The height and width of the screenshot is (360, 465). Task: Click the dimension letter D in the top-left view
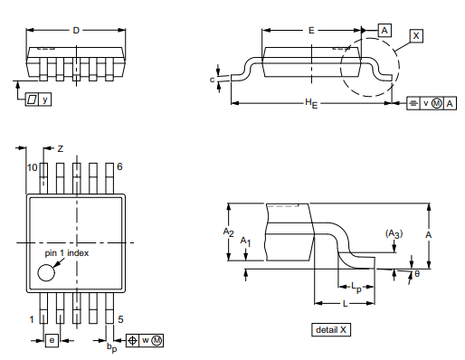[x=76, y=31]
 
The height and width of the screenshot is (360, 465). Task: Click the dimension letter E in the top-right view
[x=311, y=30]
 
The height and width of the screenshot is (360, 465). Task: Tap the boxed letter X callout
[x=416, y=35]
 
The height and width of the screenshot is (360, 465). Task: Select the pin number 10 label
[x=32, y=168]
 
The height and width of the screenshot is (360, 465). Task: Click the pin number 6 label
[x=119, y=168]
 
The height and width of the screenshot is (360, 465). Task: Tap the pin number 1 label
[x=32, y=319]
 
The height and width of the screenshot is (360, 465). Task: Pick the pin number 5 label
[x=119, y=319]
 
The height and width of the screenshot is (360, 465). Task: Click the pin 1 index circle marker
[x=46, y=273]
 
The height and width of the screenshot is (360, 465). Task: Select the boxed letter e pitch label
[x=52, y=340]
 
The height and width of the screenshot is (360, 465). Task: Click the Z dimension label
[x=61, y=147]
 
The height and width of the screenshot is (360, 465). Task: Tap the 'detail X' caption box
[x=330, y=329]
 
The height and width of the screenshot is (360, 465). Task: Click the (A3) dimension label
[x=394, y=233]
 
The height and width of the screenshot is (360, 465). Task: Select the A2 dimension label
[x=229, y=232]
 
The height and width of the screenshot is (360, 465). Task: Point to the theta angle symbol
[x=416, y=273]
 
